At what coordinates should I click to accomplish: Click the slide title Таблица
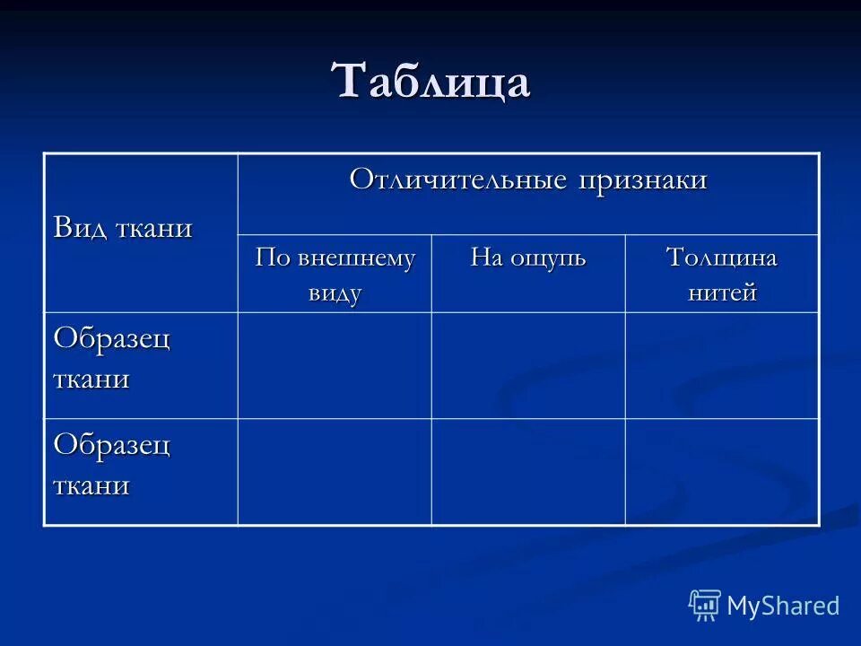pos(431,82)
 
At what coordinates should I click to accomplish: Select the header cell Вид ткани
pos(123,228)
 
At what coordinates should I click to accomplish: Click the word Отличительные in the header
pos(458,179)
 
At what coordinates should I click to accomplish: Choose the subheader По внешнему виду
pos(335,275)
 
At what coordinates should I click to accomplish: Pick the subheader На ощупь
pos(528,258)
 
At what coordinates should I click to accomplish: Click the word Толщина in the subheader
pos(721,258)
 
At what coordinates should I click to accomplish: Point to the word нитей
pos(722,292)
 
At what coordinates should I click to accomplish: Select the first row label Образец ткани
pos(112,358)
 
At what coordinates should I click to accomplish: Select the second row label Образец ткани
pos(112,465)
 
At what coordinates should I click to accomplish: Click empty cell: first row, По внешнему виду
pos(335,365)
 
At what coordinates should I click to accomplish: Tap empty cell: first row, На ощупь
pos(528,365)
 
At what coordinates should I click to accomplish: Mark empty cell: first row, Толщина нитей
pos(722,365)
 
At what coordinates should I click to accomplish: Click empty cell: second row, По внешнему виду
pos(335,471)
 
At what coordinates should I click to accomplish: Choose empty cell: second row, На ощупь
pos(528,471)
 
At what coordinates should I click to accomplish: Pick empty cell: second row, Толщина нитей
pos(722,471)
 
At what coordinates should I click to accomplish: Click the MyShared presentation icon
pos(705,606)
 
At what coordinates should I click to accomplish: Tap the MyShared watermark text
pos(783,606)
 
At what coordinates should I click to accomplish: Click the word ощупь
pos(548,258)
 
